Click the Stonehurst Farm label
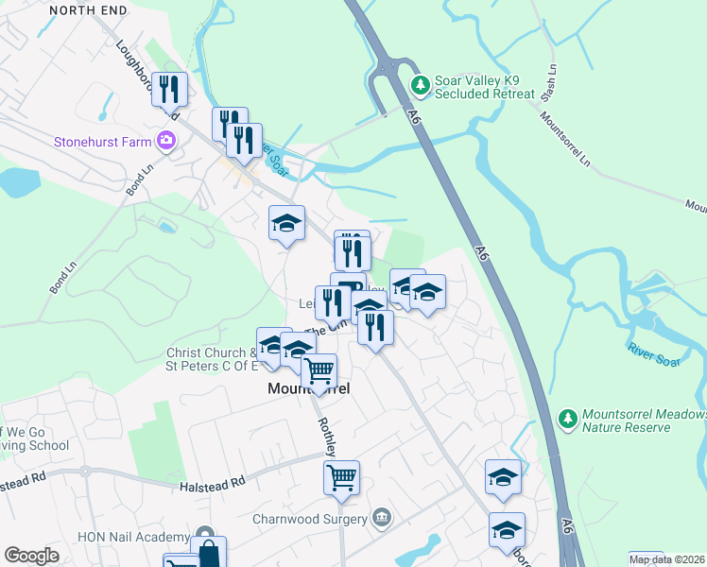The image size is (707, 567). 102,142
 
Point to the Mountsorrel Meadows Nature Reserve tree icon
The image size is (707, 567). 567,417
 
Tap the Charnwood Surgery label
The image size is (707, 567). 309,519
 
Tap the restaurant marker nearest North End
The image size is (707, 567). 169,89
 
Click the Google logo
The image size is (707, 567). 30,555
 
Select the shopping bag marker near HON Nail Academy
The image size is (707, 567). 208,553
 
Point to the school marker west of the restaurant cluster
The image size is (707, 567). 286,223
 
